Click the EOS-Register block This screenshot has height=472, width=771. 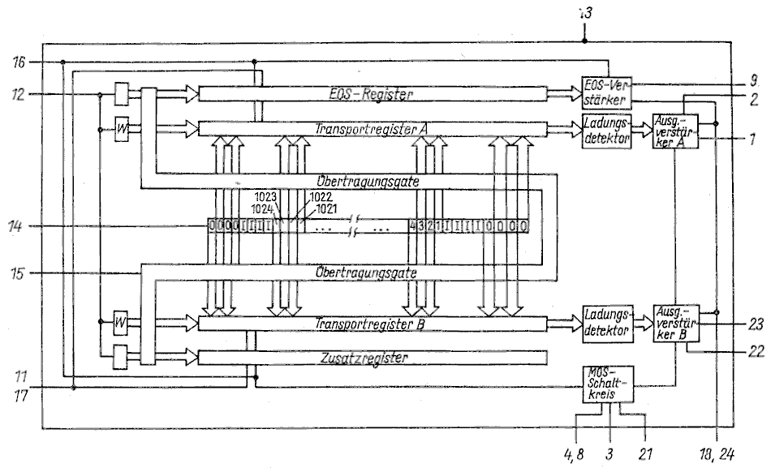(373, 95)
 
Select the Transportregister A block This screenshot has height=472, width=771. (373, 128)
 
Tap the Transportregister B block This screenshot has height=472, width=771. (373, 324)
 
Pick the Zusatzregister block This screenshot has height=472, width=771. (373, 357)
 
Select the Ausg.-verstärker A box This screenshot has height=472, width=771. (674, 130)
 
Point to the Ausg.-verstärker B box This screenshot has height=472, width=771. (674, 324)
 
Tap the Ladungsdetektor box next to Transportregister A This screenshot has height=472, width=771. (605, 129)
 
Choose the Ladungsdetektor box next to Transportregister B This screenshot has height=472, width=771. (605, 324)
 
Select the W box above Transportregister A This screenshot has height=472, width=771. (123, 129)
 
